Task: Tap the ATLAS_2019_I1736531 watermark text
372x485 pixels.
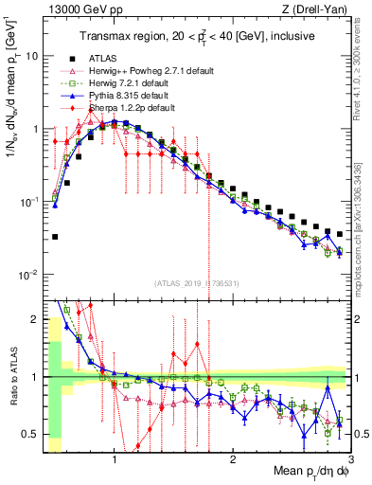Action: point(197,283)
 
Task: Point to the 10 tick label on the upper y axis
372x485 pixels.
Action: point(30,56)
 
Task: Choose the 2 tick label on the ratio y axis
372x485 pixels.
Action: point(33,318)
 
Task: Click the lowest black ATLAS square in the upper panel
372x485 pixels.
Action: point(55,237)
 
